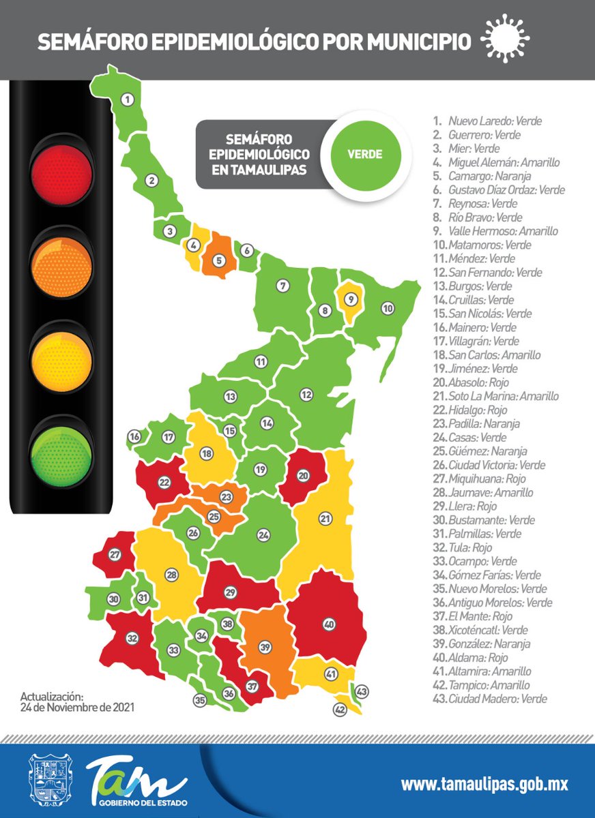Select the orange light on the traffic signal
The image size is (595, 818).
pos(61,263)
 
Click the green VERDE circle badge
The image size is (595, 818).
pos(365,154)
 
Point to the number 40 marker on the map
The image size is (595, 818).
pos(330,624)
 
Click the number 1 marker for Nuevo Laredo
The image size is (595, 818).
pos(126,100)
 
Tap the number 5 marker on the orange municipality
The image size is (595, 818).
pos(219,259)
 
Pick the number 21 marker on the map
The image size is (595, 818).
pos(325,519)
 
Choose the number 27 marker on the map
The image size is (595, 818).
pos(115,555)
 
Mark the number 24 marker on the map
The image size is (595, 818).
pos(263,536)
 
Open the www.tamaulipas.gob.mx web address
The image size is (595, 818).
pos(484,784)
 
